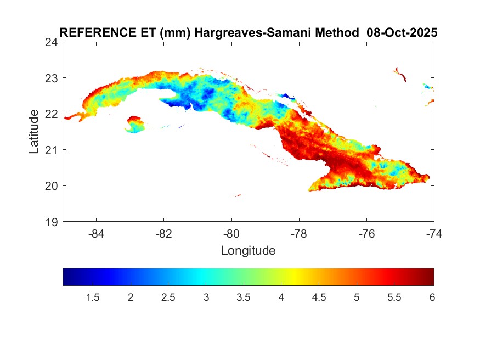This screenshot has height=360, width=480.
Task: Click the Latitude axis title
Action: pyautogui.click(x=34, y=132)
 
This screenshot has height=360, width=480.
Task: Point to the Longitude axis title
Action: pyautogui.click(x=248, y=251)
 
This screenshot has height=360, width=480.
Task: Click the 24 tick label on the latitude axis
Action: pyautogui.click(x=52, y=42)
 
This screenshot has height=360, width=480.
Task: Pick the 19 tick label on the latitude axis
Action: pyautogui.click(x=52, y=222)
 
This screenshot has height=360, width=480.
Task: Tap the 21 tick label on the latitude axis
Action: pyautogui.click(x=52, y=150)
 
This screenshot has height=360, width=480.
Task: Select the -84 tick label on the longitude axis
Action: pyautogui.click(x=97, y=233)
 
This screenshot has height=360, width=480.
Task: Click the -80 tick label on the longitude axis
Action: pyautogui.click(x=231, y=233)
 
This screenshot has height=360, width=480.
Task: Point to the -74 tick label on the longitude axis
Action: pyautogui.click(x=434, y=233)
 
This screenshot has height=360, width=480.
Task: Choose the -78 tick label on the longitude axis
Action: pyautogui.click(x=299, y=233)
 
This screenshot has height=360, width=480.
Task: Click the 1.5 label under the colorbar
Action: pyautogui.click(x=93, y=297)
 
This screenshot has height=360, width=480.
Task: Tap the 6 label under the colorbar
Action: pyautogui.click(x=432, y=297)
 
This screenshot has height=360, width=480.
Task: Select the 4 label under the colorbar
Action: pyautogui.click(x=281, y=297)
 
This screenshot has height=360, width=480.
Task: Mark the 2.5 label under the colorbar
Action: pyautogui.click(x=168, y=297)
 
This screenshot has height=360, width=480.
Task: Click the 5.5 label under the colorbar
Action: pyautogui.click(x=394, y=297)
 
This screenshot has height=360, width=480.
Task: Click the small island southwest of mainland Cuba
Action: pyautogui.click(x=135, y=124)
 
